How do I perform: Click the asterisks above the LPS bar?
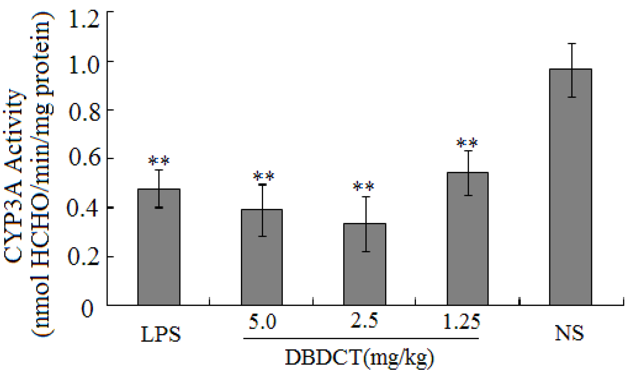[x=159, y=161]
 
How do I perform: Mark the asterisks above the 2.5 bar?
[x=364, y=187]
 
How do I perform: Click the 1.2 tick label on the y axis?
[x=84, y=20]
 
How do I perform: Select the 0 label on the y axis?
[x=87, y=309]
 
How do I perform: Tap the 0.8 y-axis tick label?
[x=84, y=113]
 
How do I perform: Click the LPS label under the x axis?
[x=161, y=334]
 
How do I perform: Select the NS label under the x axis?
[x=569, y=333]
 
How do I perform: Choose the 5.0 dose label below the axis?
[x=262, y=321]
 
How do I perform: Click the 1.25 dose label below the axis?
[x=461, y=321]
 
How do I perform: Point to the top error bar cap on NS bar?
[x=572, y=43]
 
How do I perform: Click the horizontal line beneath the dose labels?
[x=361, y=338]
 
